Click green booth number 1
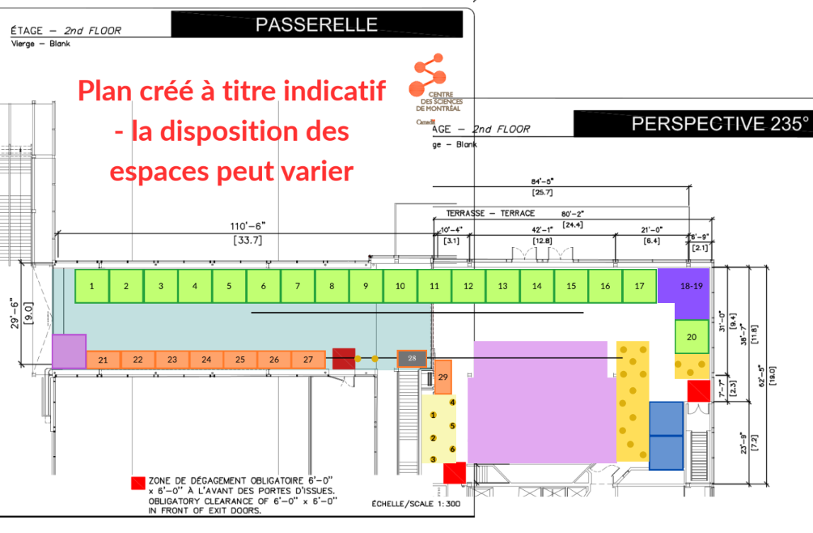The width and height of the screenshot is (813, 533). [x=92, y=286]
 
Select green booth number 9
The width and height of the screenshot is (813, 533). [x=366, y=286]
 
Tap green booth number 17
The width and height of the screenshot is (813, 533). [x=639, y=286]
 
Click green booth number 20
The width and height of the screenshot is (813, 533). [x=692, y=336]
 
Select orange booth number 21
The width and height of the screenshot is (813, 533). [x=103, y=360]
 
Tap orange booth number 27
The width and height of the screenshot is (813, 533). [x=307, y=360]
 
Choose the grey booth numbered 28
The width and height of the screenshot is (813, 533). [x=413, y=358]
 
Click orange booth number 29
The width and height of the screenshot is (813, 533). [x=442, y=377]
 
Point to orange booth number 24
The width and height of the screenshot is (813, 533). [x=206, y=360]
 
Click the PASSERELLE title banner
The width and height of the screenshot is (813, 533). [x=316, y=25]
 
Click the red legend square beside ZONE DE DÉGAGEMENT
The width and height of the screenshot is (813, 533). [x=138, y=484]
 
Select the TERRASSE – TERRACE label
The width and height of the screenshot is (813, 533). [x=490, y=213]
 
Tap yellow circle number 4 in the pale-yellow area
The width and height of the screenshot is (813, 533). [x=453, y=403]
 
